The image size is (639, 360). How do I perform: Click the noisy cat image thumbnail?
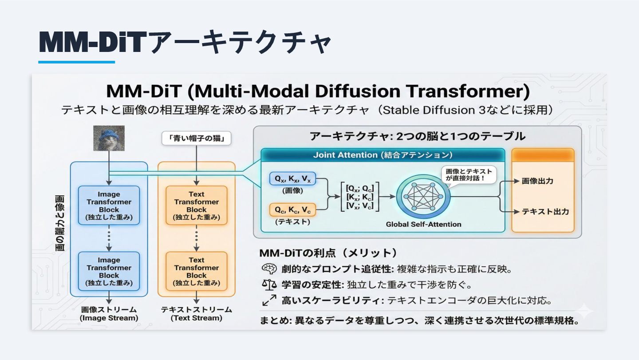pyautogui.click(x=109, y=138)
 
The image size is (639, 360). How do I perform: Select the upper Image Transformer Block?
pyautogui.click(x=109, y=206)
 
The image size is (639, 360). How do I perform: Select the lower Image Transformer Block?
pyautogui.click(x=109, y=271)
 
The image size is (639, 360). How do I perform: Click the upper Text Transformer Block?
pyautogui.click(x=196, y=206)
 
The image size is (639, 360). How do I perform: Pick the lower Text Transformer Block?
pyautogui.click(x=196, y=271)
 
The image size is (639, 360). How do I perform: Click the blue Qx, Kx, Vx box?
pyautogui.click(x=292, y=179)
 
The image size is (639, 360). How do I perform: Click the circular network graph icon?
pyautogui.click(x=423, y=197)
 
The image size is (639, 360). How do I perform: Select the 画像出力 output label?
pyautogui.click(x=537, y=181)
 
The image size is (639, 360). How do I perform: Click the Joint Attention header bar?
pyautogui.click(x=383, y=155)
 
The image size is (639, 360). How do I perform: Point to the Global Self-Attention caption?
pyautogui.click(x=423, y=224)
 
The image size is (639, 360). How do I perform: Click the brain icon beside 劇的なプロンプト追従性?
pyautogui.click(x=269, y=269)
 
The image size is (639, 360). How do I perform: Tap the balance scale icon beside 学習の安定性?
pyautogui.click(x=269, y=285)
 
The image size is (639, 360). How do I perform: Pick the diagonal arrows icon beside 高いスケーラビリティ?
pyautogui.click(x=269, y=301)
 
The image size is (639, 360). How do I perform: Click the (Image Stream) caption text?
pyautogui.click(x=109, y=318)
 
